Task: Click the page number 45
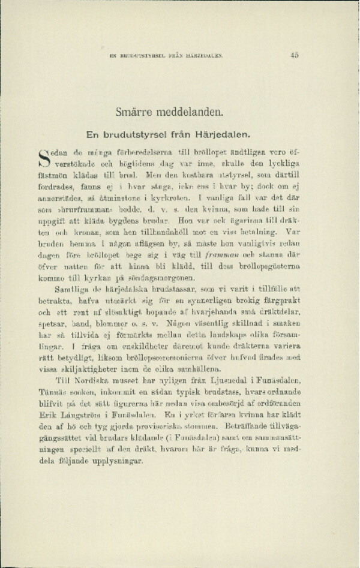point(294,55)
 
